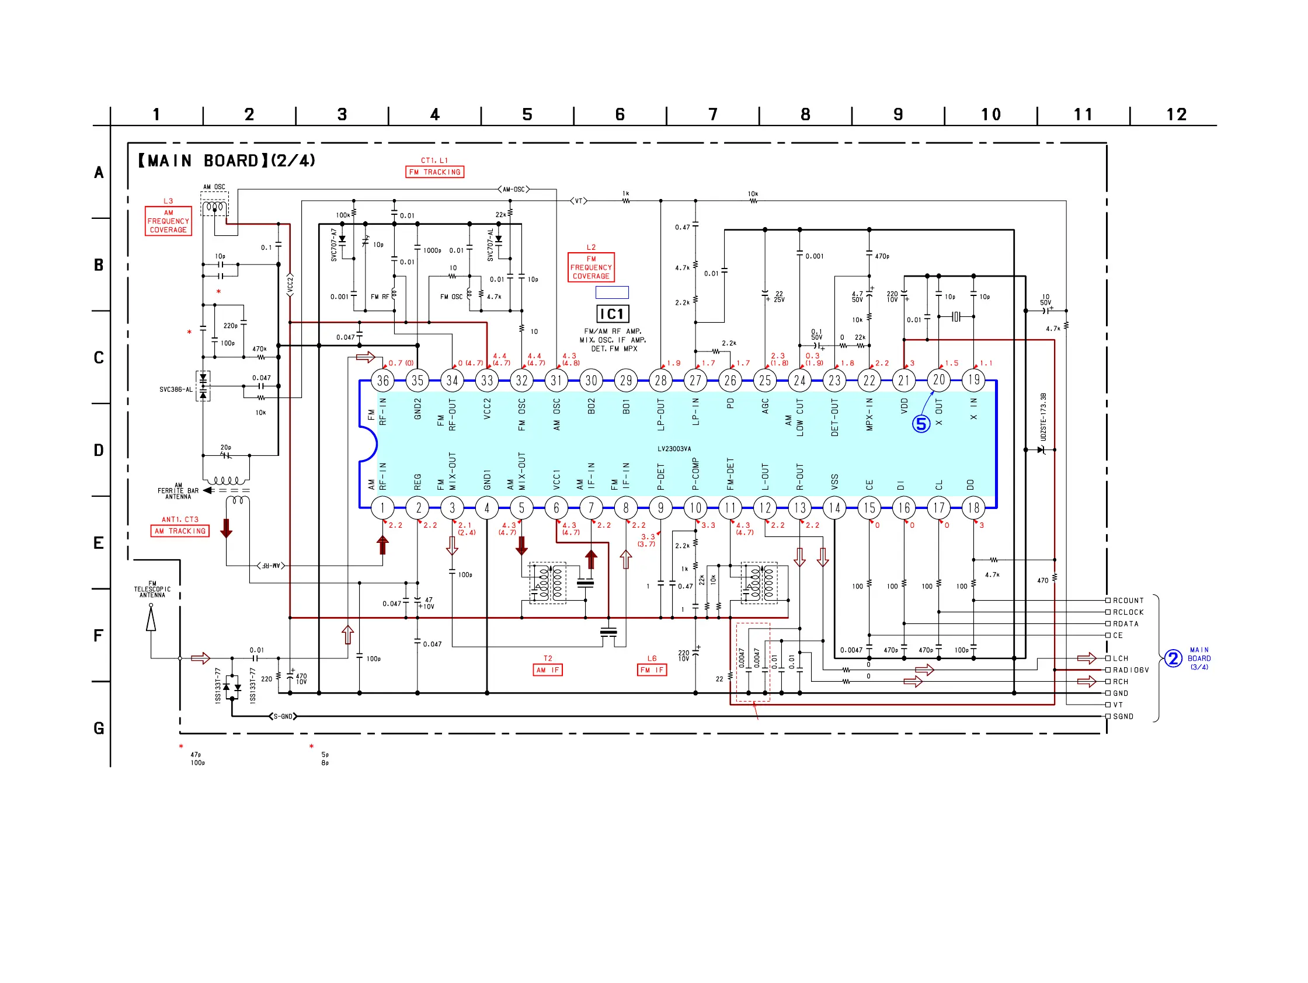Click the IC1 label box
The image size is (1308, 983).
coord(612,314)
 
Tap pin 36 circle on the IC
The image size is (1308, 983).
coord(382,381)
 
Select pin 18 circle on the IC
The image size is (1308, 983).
coord(973,508)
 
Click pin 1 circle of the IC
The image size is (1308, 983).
coord(382,508)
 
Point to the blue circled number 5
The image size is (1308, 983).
coord(921,424)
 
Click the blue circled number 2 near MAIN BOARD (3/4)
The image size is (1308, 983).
coord(1173,658)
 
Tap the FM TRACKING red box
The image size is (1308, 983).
coord(434,172)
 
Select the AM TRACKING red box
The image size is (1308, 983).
coord(180,531)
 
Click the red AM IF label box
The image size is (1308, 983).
coord(548,670)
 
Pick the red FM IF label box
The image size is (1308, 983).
coord(652,670)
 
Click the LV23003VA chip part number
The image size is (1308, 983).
coord(674,449)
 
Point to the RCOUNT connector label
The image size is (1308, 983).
coord(1128,601)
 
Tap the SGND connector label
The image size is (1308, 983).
coord(1123,716)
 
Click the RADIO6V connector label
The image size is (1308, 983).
coord(1130,670)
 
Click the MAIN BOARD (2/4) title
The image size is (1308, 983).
coord(227,161)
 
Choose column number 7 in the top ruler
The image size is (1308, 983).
coord(713,114)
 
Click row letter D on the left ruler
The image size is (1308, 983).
coord(99,451)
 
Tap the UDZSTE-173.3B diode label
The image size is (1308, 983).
coord(1043,417)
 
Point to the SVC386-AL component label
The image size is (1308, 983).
coord(176,389)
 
